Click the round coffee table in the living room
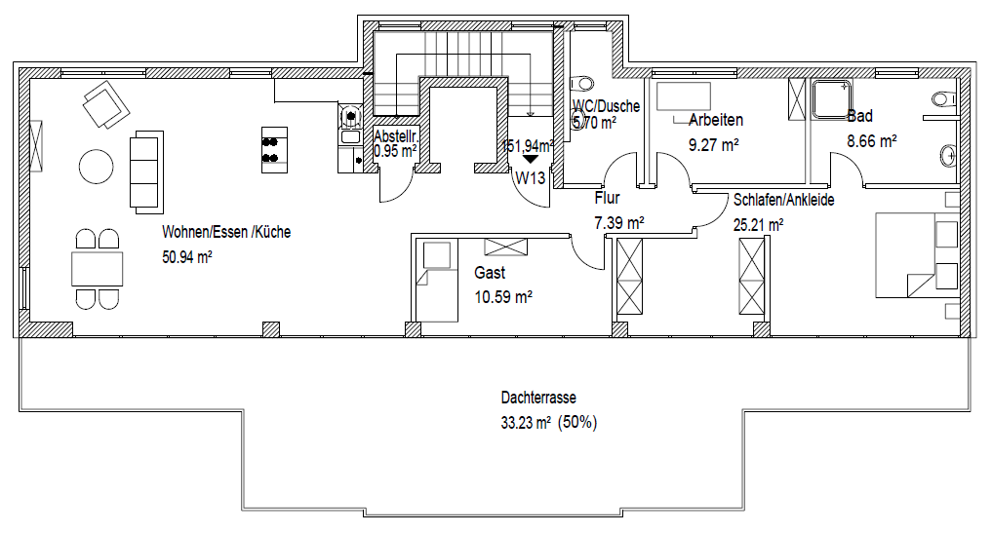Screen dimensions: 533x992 click(x=96, y=165)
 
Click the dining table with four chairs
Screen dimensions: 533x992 click(x=98, y=269)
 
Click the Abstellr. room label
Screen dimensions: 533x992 click(x=394, y=137)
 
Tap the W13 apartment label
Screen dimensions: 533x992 click(x=531, y=177)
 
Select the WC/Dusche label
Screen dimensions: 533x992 click(x=606, y=106)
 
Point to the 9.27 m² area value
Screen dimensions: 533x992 click(x=713, y=144)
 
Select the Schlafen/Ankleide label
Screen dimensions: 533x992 click(x=783, y=200)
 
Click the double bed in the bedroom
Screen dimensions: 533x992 click(x=915, y=254)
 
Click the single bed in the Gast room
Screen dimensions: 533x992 click(x=436, y=281)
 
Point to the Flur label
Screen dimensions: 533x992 click(x=607, y=199)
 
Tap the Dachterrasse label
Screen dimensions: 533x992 click(x=537, y=399)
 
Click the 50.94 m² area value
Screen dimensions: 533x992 click(x=188, y=258)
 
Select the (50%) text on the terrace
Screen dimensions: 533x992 click(x=577, y=423)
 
